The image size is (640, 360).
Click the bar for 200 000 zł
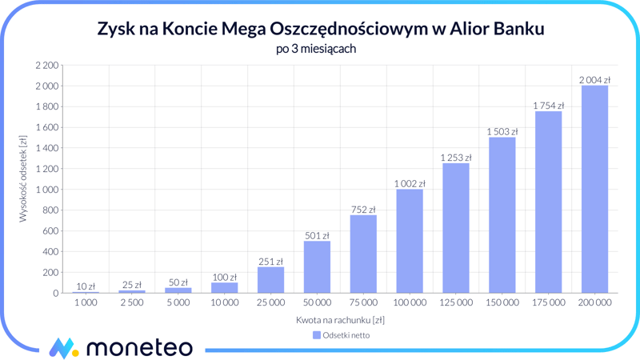point(594,189)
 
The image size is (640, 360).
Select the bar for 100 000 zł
point(410,241)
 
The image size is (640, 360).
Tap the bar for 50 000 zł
point(317,267)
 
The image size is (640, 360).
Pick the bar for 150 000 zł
point(502,215)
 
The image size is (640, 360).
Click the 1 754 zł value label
point(548,106)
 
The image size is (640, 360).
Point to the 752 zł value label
point(363,210)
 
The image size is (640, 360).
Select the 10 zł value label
point(86,286)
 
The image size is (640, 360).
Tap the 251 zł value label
point(270,262)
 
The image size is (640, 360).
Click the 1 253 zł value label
point(455,158)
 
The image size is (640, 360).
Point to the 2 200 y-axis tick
point(46,65)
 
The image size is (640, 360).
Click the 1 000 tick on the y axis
point(46,190)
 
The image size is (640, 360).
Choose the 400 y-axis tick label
point(50,252)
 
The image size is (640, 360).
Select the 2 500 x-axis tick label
point(132,303)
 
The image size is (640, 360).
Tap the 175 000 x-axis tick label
point(548,303)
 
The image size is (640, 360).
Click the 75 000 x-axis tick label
point(363,303)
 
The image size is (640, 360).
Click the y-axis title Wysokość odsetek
point(23,178)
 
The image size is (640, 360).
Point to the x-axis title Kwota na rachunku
point(340,320)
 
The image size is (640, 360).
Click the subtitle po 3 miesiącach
point(320,49)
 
